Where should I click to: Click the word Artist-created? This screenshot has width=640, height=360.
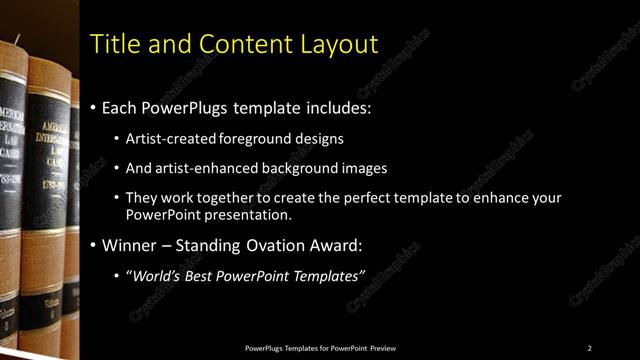pyautogui.click(x=164, y=138)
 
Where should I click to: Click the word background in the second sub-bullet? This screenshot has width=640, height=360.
pyautogui.click(x=279, y=169)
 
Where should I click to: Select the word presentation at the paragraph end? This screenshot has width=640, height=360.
pyautogui.click(x=255, y=215)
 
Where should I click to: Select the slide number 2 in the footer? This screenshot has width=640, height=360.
pyautogui.click(x=589, y=348)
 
